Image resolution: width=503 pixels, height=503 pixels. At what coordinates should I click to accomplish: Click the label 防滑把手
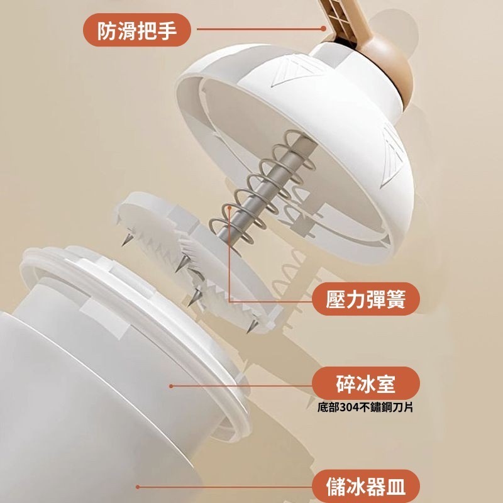click(x=137, y=30)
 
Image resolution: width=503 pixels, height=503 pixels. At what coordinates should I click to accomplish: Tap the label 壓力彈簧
click(x=366, y=299)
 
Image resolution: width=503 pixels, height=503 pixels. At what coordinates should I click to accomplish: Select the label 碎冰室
click(x=366, y=384)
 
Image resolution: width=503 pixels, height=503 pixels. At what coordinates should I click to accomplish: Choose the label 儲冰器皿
click(x=366, y=487)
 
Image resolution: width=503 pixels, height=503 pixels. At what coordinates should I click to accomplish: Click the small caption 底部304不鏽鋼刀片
click(x=365, y=407)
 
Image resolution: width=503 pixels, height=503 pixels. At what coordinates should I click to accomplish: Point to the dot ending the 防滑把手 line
click(x=323, y=28)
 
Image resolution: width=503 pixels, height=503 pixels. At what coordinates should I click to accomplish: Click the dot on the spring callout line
click(x=229, y=207)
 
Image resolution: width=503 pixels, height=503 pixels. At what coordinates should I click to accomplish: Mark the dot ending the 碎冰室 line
click(x=171, y=386)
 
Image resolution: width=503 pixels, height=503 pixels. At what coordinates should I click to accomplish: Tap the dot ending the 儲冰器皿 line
click(x=138, y=487)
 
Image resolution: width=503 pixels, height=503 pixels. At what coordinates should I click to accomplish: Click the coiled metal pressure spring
click(x=262, y=186)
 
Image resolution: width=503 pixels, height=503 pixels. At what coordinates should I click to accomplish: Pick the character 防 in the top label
click(x=107, y=30)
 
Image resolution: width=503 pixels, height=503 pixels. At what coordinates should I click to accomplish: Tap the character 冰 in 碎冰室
click(x=365, y=384)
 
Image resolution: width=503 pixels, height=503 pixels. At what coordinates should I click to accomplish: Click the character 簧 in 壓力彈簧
click(x=396, y=299)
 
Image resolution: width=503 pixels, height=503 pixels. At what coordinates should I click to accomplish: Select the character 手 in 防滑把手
click(x=167, y=30)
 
